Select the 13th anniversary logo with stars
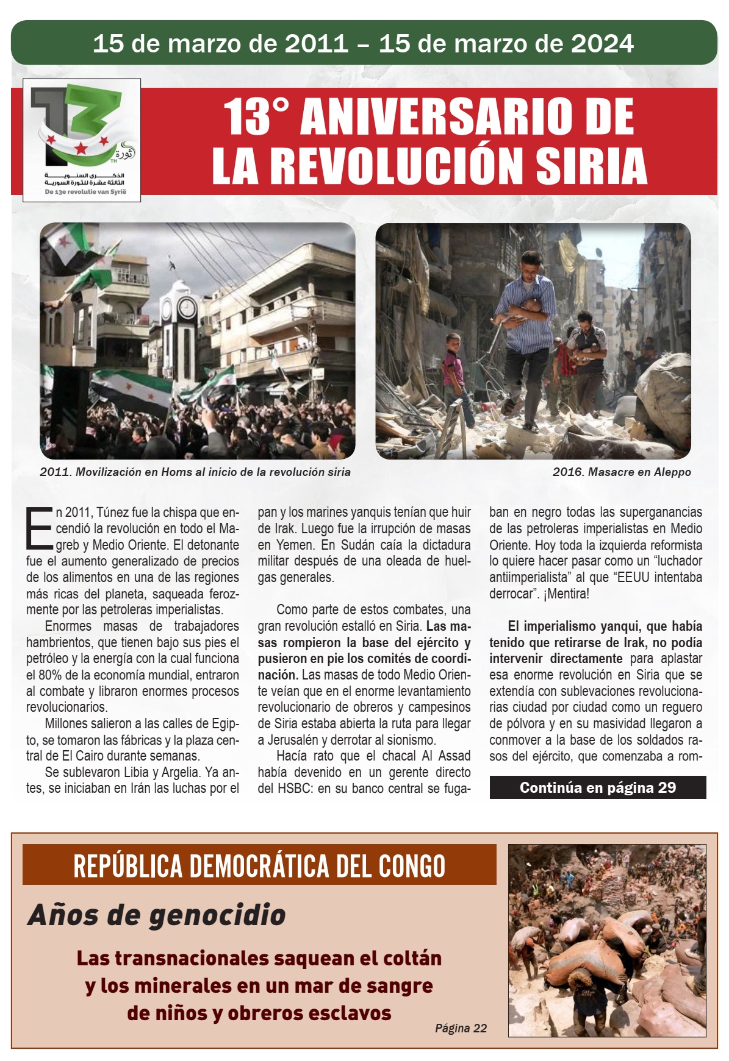coord(82,140)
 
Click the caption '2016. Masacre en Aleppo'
coord(621,472)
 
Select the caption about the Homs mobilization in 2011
coord(195,472)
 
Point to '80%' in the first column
coord(57,675)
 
